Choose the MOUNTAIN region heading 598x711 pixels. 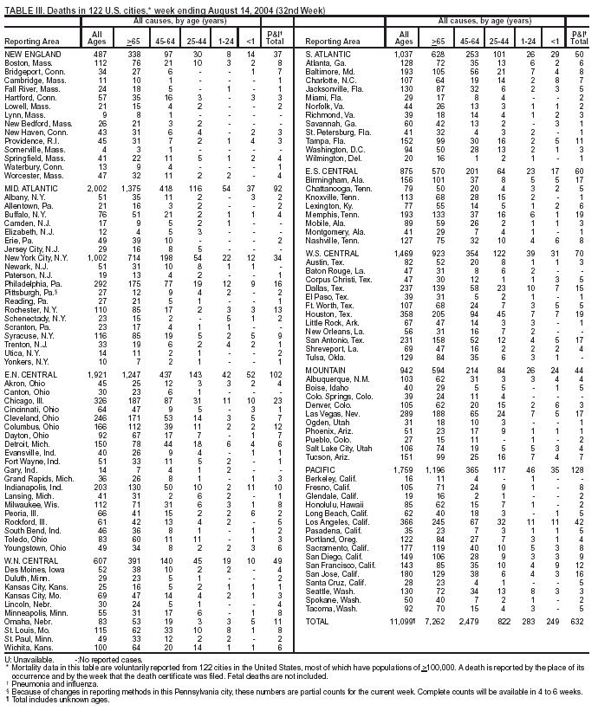click(327, 371)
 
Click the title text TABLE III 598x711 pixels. click(28, 7)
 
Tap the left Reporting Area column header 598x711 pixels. click(35, 41)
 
